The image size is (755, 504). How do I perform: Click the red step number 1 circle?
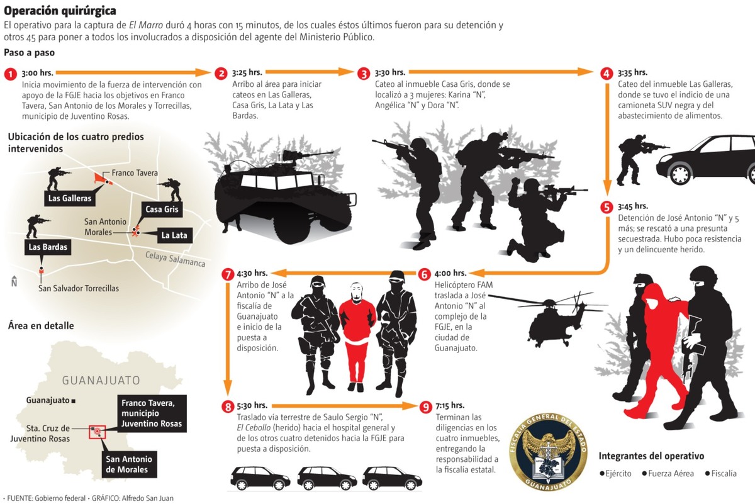tap(10, 74)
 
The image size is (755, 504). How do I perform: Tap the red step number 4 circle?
tap(607, 74)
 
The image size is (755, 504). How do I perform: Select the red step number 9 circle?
tap(425, 406)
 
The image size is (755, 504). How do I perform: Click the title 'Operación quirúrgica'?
tap(60, 11)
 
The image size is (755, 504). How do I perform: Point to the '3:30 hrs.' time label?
tap(390, 72)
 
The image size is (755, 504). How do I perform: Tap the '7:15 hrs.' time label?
tap(450, 405)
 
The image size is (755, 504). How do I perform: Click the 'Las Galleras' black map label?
tap(69, 198)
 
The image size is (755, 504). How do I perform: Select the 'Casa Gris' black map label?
tap(162, 210)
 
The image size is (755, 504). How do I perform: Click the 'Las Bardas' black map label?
tap(47, 247)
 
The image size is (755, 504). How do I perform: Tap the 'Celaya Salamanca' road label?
tap(175, 259)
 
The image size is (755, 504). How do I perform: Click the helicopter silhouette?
tap(551, 318)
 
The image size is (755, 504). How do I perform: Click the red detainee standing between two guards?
tap(357, 333)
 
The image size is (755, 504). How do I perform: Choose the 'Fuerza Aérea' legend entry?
tap(668, 473)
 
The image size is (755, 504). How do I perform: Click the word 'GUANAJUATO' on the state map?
tap(101, 381)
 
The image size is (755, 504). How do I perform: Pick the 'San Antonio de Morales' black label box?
tap(130, 464)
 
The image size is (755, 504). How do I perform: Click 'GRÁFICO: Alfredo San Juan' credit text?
tap(132, 498)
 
